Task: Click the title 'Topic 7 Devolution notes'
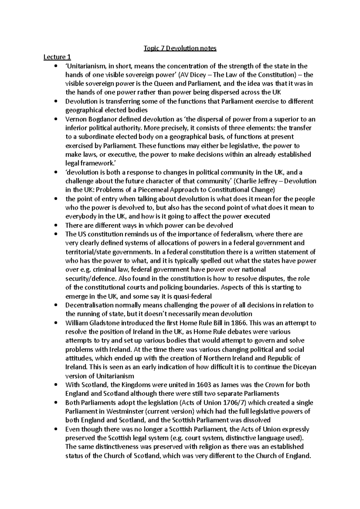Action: (180, 48)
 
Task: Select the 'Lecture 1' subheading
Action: (57, 57)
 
